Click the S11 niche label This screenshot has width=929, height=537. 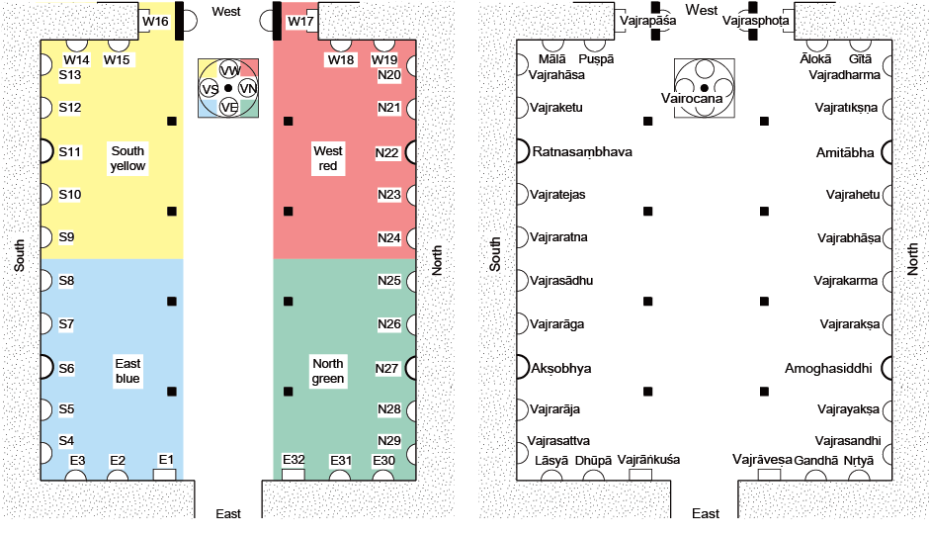[69, 151]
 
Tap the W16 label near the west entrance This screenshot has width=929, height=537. [155, 21]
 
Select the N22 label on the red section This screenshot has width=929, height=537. [388, 152]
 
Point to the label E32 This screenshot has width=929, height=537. [294, 460]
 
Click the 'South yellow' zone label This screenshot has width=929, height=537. [127, 158]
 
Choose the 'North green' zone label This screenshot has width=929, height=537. [328, 371]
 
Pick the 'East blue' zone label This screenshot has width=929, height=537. [127, 371]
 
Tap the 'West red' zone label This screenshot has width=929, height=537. [328, 158]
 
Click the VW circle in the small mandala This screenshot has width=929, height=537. [229, 70]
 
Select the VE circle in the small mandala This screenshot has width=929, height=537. [229, 107]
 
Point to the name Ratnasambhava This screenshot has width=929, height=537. [582, 152]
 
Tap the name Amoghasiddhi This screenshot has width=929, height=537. [828, 368]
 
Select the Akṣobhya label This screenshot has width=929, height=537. [561, 368]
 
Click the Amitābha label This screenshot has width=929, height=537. [846, 152]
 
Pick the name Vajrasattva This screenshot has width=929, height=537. [559, 440]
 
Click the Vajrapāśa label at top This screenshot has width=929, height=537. [647, 19]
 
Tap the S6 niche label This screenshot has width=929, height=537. [67, 368]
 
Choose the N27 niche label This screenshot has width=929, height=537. [388, 368]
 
